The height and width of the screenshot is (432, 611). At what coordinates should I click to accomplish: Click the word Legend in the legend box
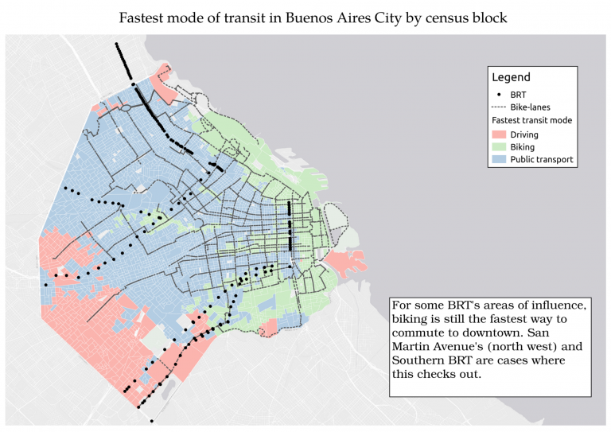click(x=511, y=77)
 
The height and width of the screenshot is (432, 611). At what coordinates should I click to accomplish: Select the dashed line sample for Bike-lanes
click(x=499, y=107)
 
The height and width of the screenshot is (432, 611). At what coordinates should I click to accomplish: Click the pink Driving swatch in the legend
click(x=499, y=134)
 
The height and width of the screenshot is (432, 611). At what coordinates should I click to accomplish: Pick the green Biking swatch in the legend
click(x=499, y=147)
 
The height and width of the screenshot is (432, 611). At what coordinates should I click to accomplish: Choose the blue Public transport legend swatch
click(x=499, y=160)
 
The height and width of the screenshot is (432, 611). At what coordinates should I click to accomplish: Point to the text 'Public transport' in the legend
click(x=542, y=160)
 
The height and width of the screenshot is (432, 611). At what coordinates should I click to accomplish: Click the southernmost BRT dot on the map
click(x=151, y=418)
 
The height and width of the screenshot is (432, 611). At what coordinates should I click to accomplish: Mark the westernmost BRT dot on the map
click(x=46, y=285)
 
